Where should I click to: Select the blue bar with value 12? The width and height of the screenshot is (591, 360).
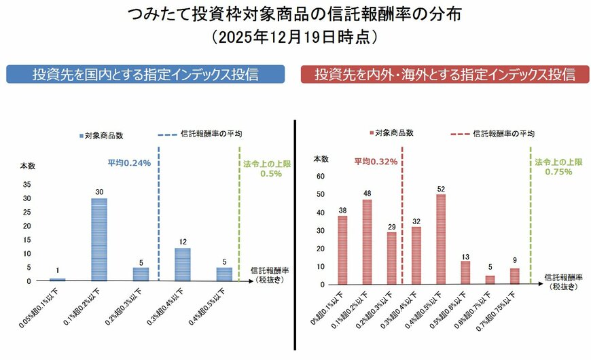(182, 264)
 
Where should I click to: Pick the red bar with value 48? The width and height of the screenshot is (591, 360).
(367, 242)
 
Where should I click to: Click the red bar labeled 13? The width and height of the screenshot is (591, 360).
(465, 272)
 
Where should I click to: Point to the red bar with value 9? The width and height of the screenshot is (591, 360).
(514, 276)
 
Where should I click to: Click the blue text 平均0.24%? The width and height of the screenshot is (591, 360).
(129, 163)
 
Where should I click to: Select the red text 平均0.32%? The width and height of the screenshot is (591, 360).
(374, 162)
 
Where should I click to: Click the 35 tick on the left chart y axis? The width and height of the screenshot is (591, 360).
(26, 184)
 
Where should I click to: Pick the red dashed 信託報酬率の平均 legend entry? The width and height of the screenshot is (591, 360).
(492, 134)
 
